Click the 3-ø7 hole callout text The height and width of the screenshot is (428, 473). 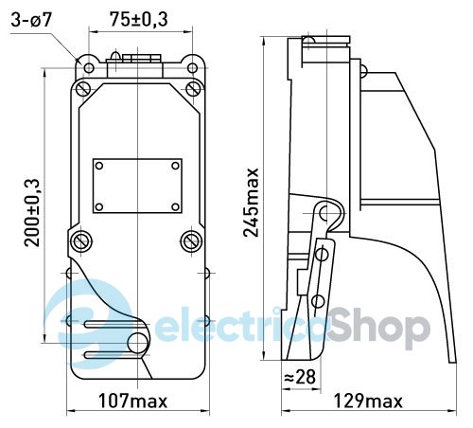click(x=31, y=21)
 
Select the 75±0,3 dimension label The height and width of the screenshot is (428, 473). click(x=139, y=20)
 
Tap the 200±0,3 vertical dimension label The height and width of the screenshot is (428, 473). click(x=32, y=213)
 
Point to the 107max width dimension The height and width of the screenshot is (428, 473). click(x=132, y=401)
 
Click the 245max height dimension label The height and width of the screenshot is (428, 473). click(x=252, y=203)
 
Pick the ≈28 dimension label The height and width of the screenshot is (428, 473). click(x=300, y=377)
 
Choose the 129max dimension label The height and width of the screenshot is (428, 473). click(x=368, y=401)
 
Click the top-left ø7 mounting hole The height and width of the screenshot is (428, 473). click(x=89, y=68)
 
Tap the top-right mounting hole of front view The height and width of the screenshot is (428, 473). click(x=192, y=68)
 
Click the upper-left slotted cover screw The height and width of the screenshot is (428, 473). click(x=83, y=88)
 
